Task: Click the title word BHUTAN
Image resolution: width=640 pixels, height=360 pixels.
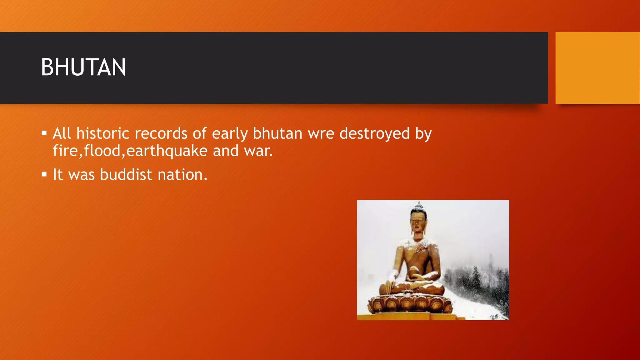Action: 83,67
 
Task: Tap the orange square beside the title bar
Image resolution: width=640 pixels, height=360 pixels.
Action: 597,67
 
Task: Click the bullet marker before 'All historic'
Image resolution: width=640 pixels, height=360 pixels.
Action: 44,134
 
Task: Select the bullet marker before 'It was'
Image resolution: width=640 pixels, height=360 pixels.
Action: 44,174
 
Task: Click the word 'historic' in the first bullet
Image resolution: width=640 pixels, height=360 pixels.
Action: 102,133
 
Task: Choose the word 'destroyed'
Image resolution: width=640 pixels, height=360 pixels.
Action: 374,133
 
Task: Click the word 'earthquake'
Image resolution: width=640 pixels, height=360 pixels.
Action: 167,151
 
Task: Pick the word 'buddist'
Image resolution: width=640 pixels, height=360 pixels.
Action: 126,174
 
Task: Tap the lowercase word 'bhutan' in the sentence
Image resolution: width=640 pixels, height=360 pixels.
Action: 277,133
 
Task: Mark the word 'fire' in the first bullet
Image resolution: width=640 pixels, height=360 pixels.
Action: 65,151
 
